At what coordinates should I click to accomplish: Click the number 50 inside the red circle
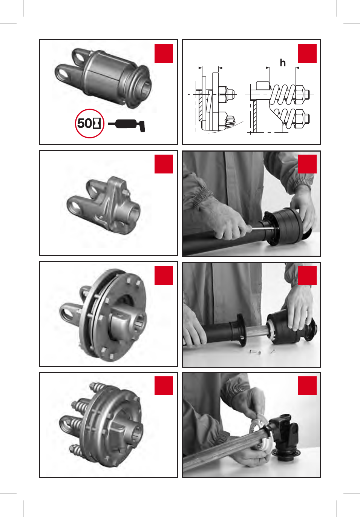pos(84,123)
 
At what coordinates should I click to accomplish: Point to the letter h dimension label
pos(283,63)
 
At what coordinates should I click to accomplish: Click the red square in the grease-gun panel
pos(164,53)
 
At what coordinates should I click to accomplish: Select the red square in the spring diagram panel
pos(307,53)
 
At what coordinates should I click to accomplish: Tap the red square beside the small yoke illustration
pos(164,164)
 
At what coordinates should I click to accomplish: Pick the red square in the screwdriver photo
pos(307,164)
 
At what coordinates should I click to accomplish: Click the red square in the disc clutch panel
pos(164,275)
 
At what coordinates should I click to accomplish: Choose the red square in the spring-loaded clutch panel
pos(164,386)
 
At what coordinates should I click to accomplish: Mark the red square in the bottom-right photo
pos(307,386)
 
